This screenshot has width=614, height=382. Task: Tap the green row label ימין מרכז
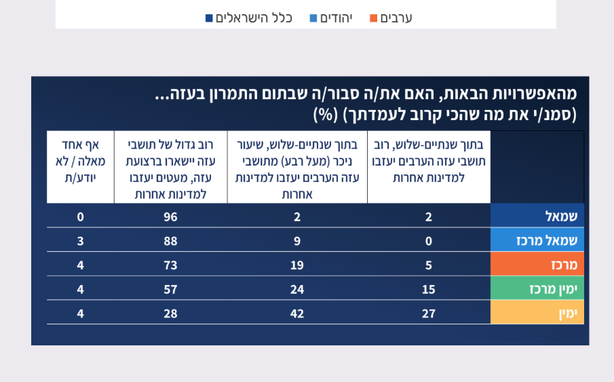coord(537,288)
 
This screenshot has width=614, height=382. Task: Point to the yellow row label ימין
coord(537,313)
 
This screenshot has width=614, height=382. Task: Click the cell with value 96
coord(170,216)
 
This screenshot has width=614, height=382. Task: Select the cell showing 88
coord(170,240)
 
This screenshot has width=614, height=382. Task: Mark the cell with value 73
coord(170,265)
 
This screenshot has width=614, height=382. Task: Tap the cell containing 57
coord(170,289)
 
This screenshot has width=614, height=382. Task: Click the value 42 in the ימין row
coord(297,313)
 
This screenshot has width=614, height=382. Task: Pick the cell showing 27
coord(428,313)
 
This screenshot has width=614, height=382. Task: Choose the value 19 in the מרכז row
coord(297,265)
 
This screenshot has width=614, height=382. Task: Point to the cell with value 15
coord(428,289)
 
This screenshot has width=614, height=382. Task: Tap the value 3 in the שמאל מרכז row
coord(80,240)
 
